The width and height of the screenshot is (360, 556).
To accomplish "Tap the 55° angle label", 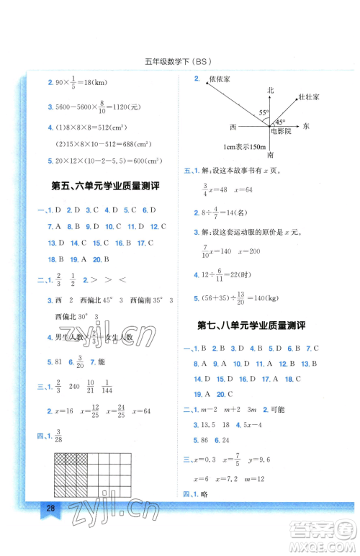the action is (264, 113).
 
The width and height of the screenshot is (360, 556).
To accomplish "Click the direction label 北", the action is (271, 90).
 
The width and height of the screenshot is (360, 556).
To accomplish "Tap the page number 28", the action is (50, 529).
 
